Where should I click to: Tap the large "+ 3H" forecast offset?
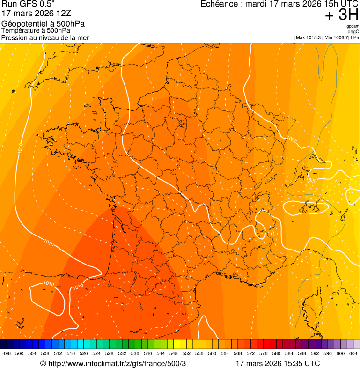pyautogui.click(x=341, y=16)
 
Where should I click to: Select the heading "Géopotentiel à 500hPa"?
pyautogui.click(x=43, y=24)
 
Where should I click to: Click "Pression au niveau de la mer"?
pyautogui.click(x=45, y=37)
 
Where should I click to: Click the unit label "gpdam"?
pyautogui.click(x=353, y=27)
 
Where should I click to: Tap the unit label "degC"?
pyautogui.click(x=353, y=32)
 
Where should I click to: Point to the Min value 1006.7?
pyautogui.click(x=341, y=37)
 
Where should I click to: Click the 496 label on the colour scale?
pyautogui.click(x=7, y=353)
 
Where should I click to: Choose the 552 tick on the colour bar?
pyautogui.click(x=186, y=353)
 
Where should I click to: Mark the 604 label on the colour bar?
pyautogui.click(x=353, y=353)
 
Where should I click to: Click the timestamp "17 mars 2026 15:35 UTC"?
pyautogui.click(x=278, y=363)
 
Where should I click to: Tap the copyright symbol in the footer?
pyautogui.click(x=43, y=363)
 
